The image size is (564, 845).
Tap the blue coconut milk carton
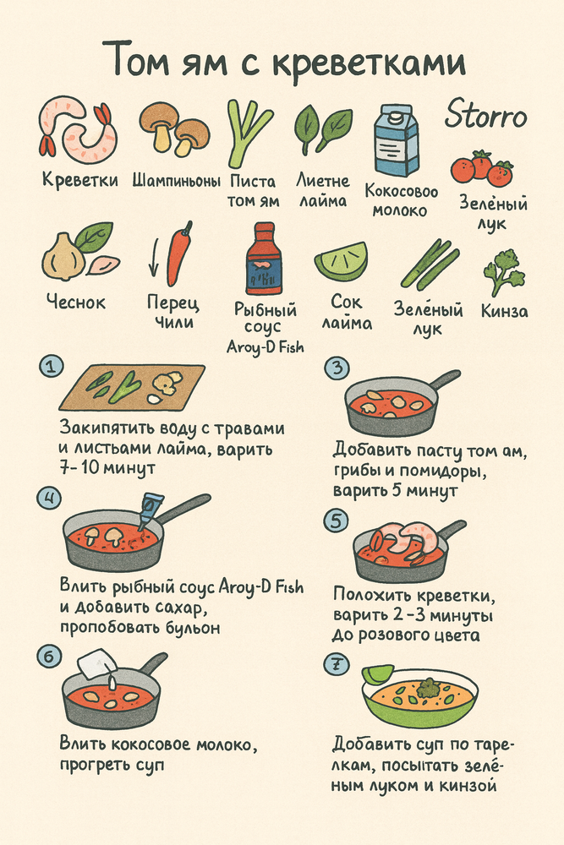pos(397,140)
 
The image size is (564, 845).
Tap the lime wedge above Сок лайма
pos(342,261)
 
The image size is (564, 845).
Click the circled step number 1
pos(51,367)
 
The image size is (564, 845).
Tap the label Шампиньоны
pos(177,181)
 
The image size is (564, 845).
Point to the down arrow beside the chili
pos(154,258)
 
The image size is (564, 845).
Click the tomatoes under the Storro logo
pos(482,168)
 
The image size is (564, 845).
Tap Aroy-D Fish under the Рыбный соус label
pos(266,346)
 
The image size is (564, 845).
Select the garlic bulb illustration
pos(66,256)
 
